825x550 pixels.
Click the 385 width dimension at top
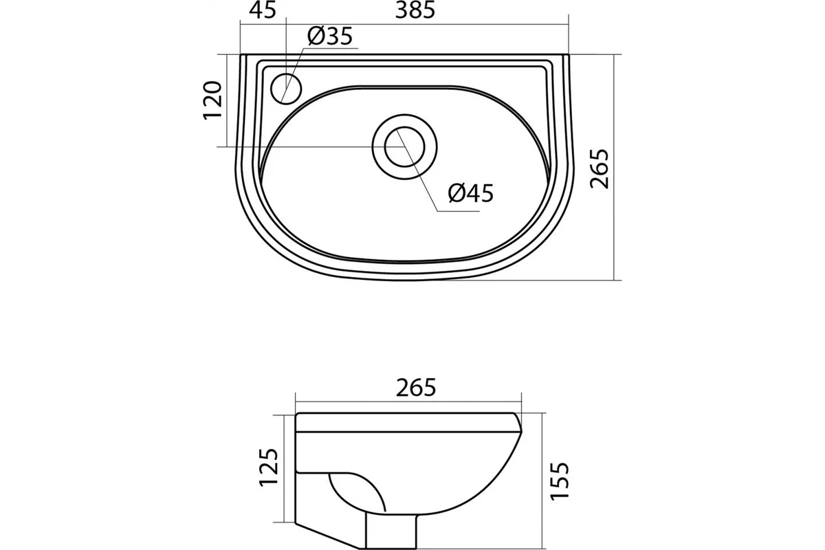click(x=415, y=10)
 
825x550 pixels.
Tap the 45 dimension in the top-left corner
click(x=262, y=10)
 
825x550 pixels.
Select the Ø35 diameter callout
click(x=330, y=36)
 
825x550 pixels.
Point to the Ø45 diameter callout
click(x=471, y=192)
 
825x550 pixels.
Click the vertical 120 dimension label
click(x=212, y=100)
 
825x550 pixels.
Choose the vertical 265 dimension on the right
click(x=599, y=168)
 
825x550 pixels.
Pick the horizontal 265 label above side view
click(x=416, y=387)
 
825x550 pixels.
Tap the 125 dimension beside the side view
click(x=269, y=467)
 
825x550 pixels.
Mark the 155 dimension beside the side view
click(x=559, y=481)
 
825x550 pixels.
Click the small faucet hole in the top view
click(x=286, y=89)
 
